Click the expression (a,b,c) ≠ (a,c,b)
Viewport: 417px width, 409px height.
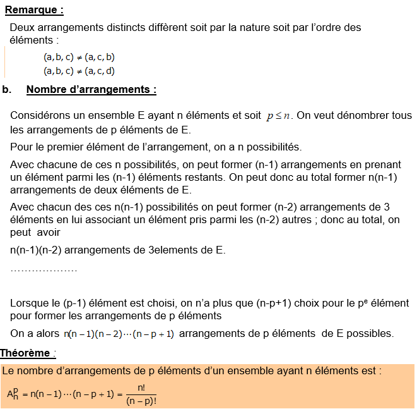click(x=79, y=57)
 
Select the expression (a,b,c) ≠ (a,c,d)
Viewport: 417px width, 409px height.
click(x=79, y=71)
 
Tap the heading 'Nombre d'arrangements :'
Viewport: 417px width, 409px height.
click(x=91, y=89)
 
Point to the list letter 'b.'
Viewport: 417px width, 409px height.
click(x=7, y=89)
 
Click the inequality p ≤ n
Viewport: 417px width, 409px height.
click(x=279, y=116)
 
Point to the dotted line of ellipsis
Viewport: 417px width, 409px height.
click(x=44, y=270)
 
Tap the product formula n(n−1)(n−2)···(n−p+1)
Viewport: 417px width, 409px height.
click(x=119, y=334)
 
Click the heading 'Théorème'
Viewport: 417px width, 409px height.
click(x=26, y=353)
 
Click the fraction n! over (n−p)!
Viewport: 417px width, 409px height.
click(x=141, y=394)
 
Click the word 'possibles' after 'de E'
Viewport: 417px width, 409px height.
click(x=370, y=333)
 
